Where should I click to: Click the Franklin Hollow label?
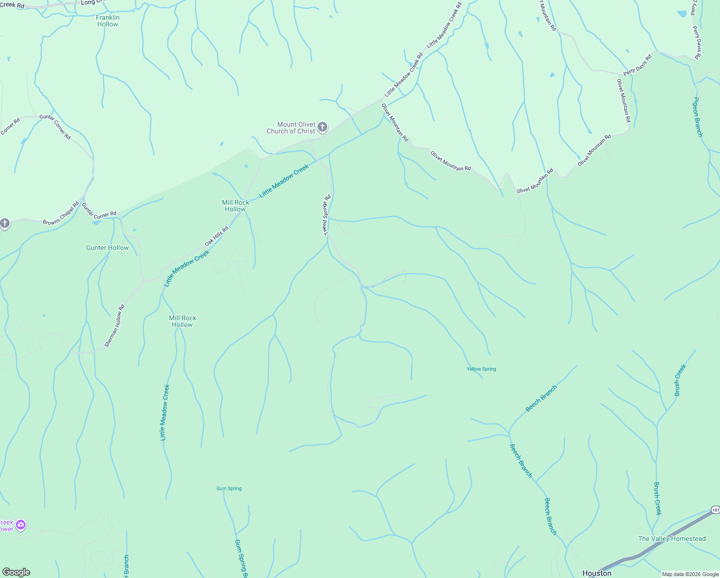[x=108, y=21]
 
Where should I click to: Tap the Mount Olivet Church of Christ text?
[x=291, y=128]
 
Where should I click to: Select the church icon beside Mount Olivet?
[x=322, y=127]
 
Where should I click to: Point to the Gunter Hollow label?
[x=107, y=248]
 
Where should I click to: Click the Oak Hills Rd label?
[x=217, y=236]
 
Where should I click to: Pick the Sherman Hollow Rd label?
[x=115, y=326]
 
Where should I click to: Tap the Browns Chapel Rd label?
[x=61, y=213]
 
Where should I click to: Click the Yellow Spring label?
[x=481, y=369]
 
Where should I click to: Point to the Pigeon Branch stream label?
[x=697, y=117]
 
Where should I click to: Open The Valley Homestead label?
[x=672, y=539]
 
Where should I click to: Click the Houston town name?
[x=597, y=573]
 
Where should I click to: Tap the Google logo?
[x=16, y=572]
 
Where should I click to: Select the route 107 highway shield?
[x=715, y=510]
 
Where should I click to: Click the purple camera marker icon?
[x=20, y=525]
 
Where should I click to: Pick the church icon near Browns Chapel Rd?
[x=5, y=223]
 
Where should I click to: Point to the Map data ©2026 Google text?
[x=690, y=574]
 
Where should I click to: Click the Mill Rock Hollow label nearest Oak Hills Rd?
[x=235, y=206]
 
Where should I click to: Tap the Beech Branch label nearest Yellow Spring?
[x=541, y=398]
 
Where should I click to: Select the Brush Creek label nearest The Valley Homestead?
[x=657, y=499]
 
